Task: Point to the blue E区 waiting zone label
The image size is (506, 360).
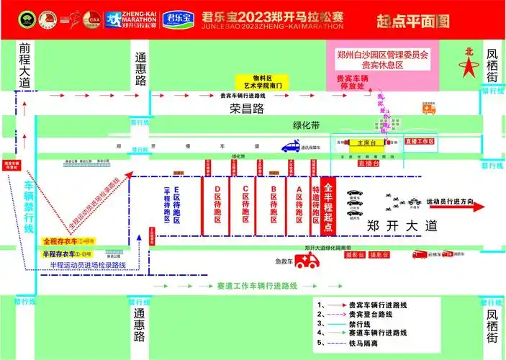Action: coord(178,204)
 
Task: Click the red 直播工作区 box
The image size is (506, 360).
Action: coord(420,142)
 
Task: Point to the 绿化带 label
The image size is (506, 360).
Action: coord(306,125)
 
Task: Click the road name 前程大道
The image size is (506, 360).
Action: coord(26,65)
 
